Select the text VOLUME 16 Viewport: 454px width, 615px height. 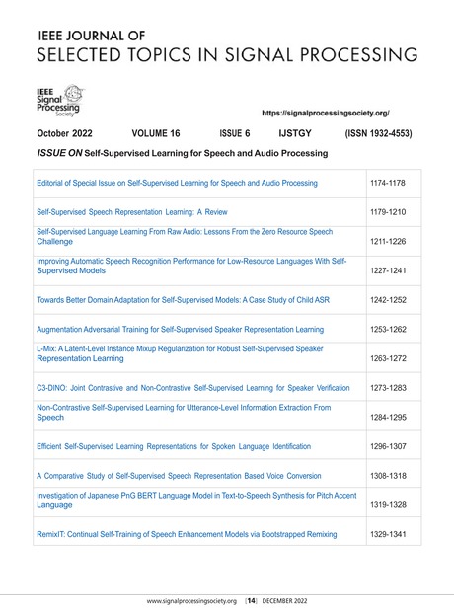click(161, 133)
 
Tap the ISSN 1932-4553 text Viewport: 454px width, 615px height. click(380, 133)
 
